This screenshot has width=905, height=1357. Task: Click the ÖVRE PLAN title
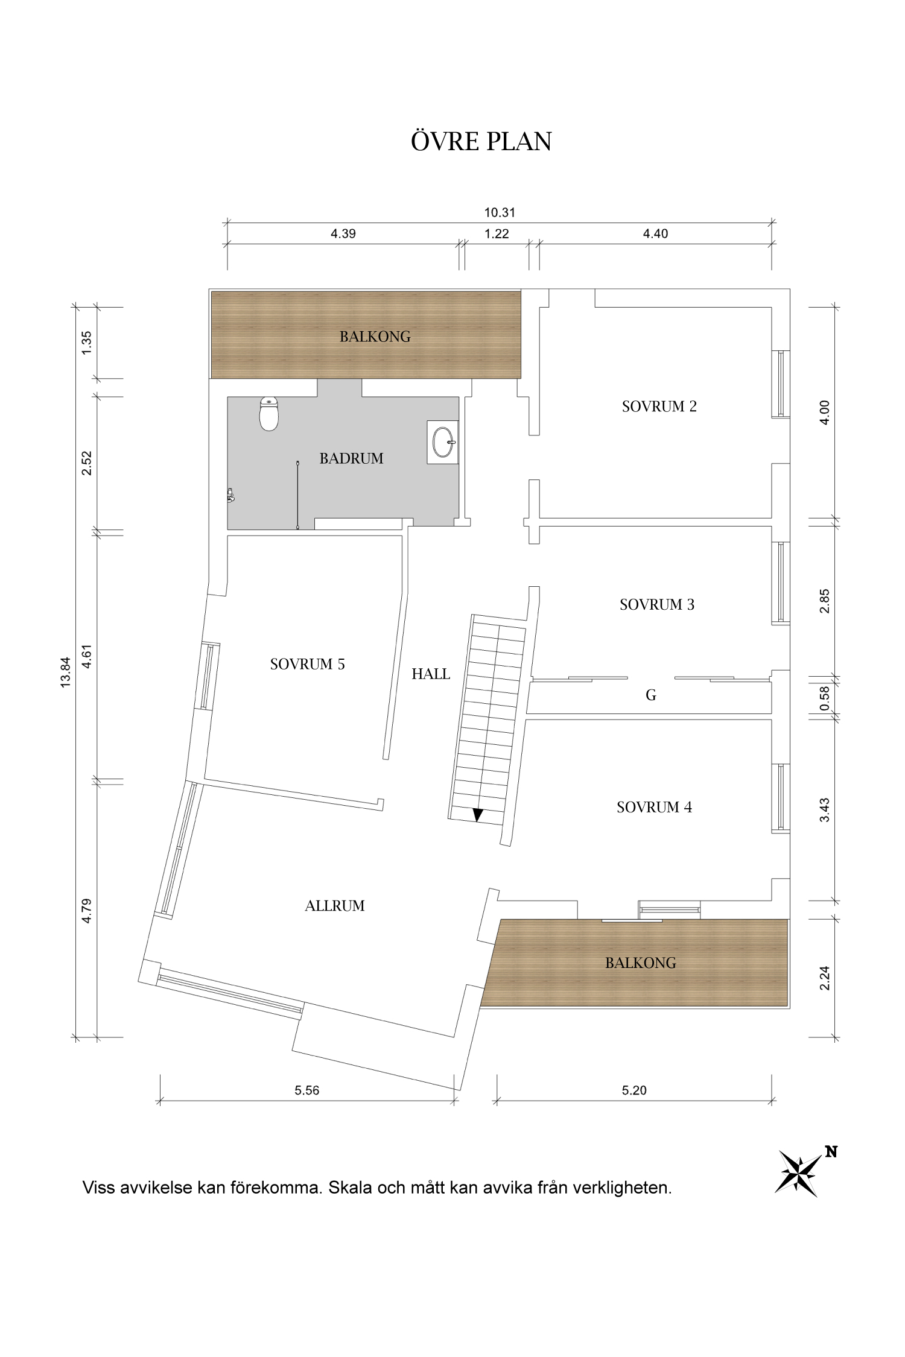point(481,142)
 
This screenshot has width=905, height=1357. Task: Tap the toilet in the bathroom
point(268,414)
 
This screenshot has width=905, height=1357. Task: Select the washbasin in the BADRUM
point(443,442)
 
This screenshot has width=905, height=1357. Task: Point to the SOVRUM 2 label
point(659,406)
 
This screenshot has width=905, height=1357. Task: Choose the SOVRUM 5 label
point(307,664)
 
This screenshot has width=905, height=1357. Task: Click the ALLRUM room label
point(335,906)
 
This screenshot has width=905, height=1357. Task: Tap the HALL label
point(431,674)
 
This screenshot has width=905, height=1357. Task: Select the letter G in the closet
point(650,695)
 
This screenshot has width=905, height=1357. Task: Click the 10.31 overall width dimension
point(500,212)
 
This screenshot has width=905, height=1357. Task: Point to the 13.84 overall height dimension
point(66,672)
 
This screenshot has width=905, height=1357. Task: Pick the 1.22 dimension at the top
point(497,234)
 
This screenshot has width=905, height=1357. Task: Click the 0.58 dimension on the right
point(825,698)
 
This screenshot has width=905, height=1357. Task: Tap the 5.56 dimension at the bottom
point(306,1090)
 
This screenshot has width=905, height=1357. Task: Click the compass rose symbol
point(798,1173)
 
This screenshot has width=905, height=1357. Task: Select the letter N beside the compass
point(831,1151)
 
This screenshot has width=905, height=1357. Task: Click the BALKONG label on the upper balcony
point(375,337)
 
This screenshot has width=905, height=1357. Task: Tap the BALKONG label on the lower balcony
point(640,963)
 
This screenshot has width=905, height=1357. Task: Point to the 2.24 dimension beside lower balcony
point(825,978)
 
